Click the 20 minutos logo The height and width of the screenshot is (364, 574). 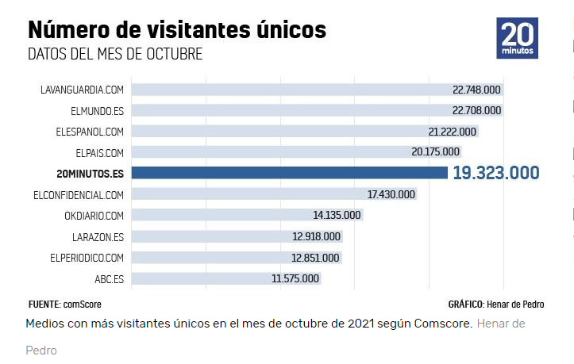coord(518,38)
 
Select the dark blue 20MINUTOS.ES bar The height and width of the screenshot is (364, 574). coord(289,173)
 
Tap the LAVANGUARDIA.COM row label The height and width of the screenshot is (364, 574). coord(82,90)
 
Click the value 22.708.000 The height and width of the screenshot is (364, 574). coord(476,110)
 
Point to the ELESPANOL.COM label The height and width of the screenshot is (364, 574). coord(90,131)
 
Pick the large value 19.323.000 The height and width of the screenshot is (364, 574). coord(495,173)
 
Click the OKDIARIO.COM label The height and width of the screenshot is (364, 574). coord(94,215)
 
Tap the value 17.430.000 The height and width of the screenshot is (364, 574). coord(391,194)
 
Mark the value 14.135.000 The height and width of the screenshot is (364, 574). coord(337,215)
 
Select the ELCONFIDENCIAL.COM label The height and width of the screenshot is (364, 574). coord(79,194)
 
